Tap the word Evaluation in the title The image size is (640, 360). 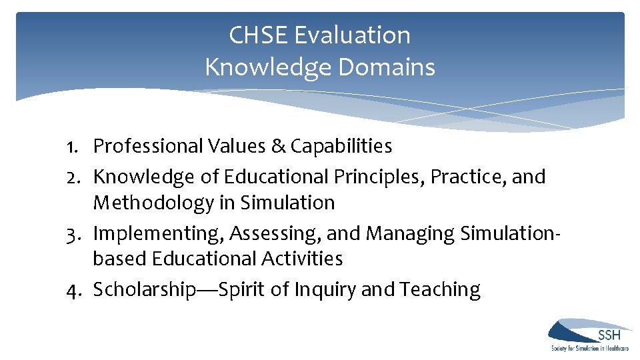(353, 35)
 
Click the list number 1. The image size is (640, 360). (75, 146)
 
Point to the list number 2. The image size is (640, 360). (75, 177)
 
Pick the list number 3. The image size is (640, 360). (75, 233)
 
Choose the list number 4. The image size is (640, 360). (75, 290)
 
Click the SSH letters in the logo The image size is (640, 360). (609, 335)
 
